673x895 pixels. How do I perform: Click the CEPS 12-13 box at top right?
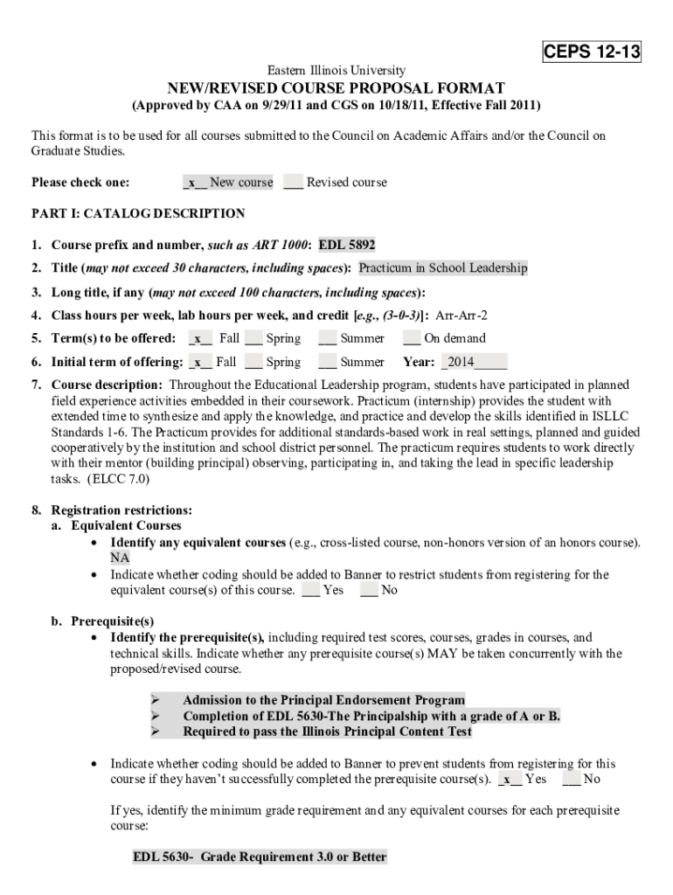pos(592,52)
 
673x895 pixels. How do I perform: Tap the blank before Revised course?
pos(293,182)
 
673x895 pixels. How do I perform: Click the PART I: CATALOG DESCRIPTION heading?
pos(138,213)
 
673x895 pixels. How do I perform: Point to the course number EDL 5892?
pos(347,245)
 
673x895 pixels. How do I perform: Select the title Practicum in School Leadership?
pos(443,268)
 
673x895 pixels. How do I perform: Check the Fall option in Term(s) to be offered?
pos(201,338)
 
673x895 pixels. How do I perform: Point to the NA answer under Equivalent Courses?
pos(119,558)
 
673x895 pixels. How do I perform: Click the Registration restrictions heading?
pos(122,510)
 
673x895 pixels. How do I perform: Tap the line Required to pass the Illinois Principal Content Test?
pos(327,732)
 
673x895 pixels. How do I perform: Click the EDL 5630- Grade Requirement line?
pos(259,857)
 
